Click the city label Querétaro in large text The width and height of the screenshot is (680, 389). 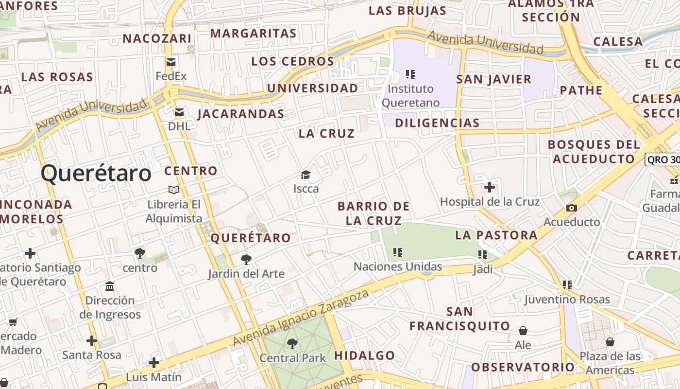[x=96, y=174]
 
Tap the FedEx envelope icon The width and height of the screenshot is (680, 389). [x=171, y=62]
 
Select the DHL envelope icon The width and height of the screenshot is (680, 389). [x=179, y=112]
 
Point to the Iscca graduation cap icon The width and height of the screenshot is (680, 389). [x=306, y=175]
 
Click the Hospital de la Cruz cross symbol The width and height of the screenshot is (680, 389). [x=490, y=187]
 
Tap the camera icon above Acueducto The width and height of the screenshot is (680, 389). [x=572, y=208]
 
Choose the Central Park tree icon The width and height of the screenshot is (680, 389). [x=292, y=344]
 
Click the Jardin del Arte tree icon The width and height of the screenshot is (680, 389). [x=246, y=260]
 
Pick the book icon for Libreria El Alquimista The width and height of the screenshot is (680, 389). [x=174, y=190]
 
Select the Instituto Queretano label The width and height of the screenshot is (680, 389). [x=410, y=95]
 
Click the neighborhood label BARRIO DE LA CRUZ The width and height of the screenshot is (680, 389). [x=374, y=213]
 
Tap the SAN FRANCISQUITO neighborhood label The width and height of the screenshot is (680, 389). [x=459, y=318]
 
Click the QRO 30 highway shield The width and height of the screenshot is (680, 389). [x=663, y=160]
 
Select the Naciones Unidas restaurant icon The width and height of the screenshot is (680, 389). [x=398, y=252]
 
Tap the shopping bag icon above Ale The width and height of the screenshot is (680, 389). [x=523, y=331]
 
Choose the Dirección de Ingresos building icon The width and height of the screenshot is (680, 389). [x=110, y=286]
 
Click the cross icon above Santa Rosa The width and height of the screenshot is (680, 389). [x=91, y=341]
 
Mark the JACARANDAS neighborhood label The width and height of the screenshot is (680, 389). [x=240, y=114]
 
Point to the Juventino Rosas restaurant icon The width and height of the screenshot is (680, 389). [x=567, y=285]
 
